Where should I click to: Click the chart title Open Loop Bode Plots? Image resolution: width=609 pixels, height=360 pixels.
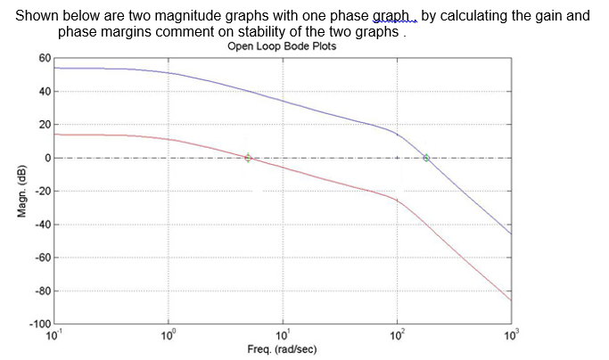[x=282, y=46]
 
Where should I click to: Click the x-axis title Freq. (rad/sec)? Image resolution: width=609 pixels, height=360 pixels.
[x=282, y=349]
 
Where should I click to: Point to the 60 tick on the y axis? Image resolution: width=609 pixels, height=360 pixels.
[x=45, y=58]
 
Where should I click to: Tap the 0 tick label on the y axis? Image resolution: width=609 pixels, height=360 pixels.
[x=47, y=158]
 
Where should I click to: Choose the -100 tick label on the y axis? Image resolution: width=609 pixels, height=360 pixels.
[x=40, y=324]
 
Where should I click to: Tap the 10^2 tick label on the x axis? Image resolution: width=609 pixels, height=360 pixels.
[x=397, y=334]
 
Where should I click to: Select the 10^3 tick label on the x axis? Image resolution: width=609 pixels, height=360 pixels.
[x=511, y=334]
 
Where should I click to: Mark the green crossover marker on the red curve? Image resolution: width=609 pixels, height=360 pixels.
[x=248, y=158]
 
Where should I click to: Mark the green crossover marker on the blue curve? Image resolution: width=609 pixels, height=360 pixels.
[x=426, y=158]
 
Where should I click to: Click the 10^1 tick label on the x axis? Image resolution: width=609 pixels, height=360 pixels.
[x=283, y=334]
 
